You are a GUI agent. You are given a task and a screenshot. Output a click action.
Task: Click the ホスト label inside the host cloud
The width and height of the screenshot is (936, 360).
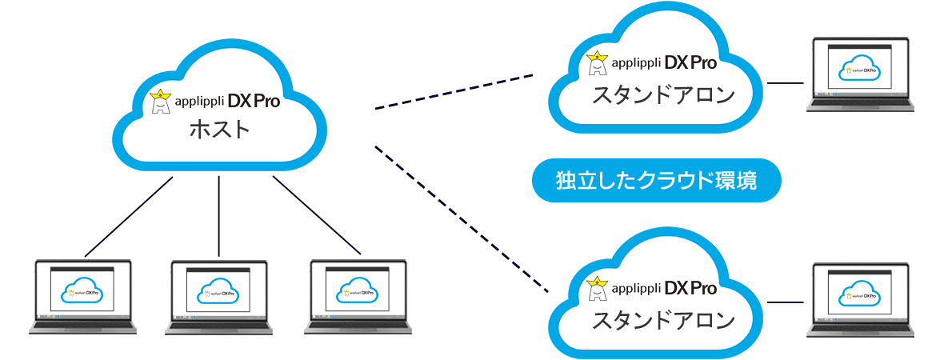click(x=219, y=130)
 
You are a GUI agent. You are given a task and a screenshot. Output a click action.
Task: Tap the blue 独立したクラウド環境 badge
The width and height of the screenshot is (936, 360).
click(x=656, y=181)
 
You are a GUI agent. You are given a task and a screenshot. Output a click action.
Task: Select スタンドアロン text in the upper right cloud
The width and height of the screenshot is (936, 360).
click(x=662, y=95)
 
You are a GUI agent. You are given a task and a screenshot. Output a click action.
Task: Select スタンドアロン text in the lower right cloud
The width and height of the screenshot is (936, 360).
click(x=662, y=321)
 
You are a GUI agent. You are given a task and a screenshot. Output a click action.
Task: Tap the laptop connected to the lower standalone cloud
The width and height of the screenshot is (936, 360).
click(x=859, y=298)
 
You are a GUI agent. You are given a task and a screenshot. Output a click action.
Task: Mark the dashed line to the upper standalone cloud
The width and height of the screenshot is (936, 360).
click(x=454, y=92)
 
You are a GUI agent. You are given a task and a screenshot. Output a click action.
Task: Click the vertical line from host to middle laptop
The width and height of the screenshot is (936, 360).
click(x=218, y=216)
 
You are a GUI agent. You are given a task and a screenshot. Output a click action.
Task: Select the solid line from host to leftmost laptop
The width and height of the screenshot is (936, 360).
click(x=128, y=216)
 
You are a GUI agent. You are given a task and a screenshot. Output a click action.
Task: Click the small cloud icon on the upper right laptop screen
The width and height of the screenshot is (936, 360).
click(x=859, y=70)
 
